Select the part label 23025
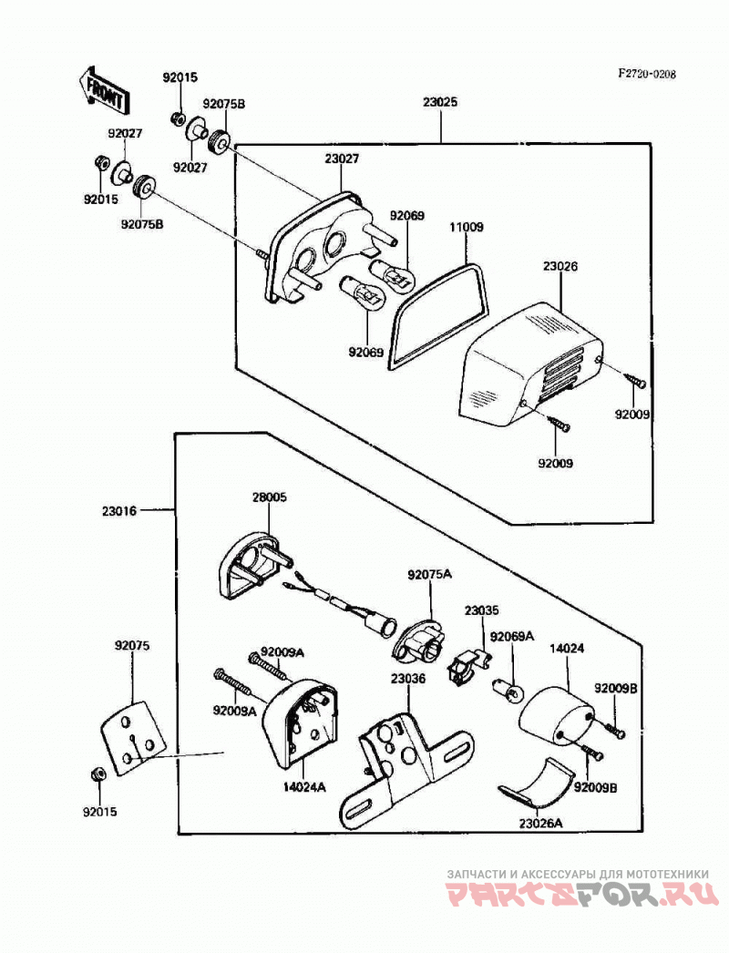coord(440,102)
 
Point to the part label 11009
coord(467,227)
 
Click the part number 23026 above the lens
coord(560,266)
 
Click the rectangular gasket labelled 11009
coord(439,314)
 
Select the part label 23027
coord(342,159)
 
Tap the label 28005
coord(270,497)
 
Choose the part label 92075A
coord(430,574)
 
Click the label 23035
coord(482,610)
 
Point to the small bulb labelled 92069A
coord(508,690)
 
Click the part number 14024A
coord(304,787)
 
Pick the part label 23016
coord(119,510)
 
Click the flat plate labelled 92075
coord(132,737)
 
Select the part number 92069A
coord(512,636)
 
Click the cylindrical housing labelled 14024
coord(556,716)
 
